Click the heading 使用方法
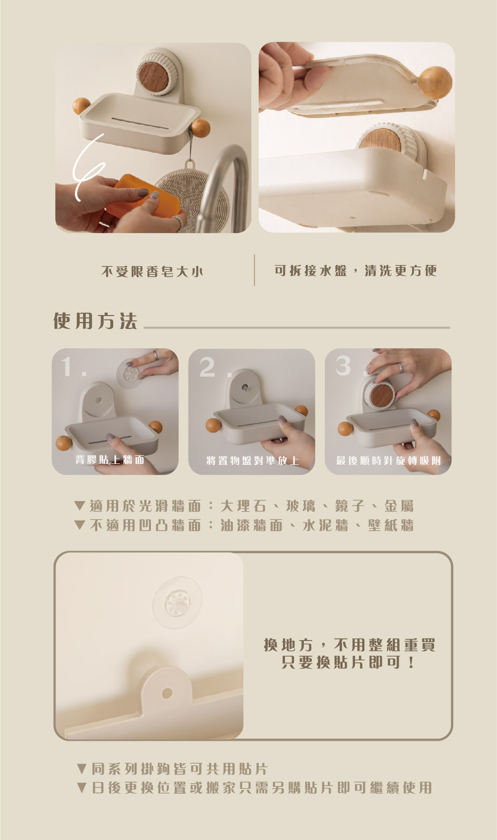pyautogui.click(x=95, y=321)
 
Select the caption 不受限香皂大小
pyautogui.click(x=152, y=271)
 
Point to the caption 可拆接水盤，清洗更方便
pyautogui.click(x=356, y=270)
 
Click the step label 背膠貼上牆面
pyautogui.click(x=110, y=460)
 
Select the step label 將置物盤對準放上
pyautogui.click(x=253, y=460)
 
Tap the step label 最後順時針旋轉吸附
pyautogui.click(x=389, y=460)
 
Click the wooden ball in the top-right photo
pyautogui.click(x=435, y=83)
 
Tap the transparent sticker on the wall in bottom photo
pyautogui.click(x=177, y=603)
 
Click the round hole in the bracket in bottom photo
pyautogui.click(x=167, y=693)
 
